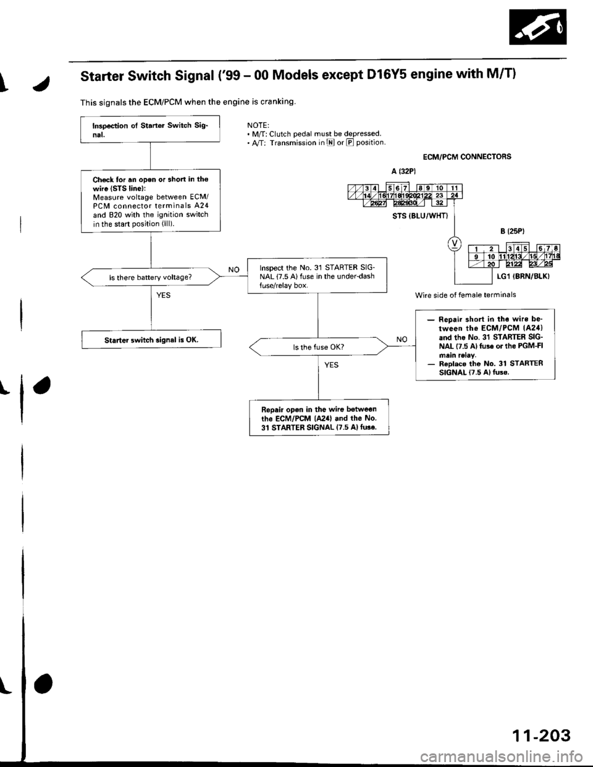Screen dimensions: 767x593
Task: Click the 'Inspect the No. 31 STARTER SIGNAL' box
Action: [x=316, y=272]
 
